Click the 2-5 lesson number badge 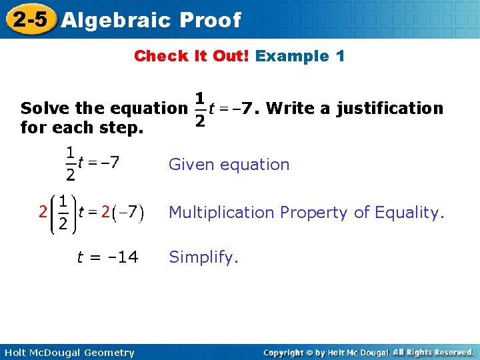click(x=29, y=19)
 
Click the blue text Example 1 click(x=300, y=56)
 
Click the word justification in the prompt click(x=389, y=108)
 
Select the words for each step click(x=82, y=126)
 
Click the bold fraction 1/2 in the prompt click(x=199, y=109)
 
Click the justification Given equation click(x=229, y=164)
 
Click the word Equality click(x=408, y=213)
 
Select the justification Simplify click(x=203, y=257)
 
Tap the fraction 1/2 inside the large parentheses click(x=61, y=213)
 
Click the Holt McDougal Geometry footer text click(x=69, y=353)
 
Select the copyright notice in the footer click(x=368, y=352)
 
